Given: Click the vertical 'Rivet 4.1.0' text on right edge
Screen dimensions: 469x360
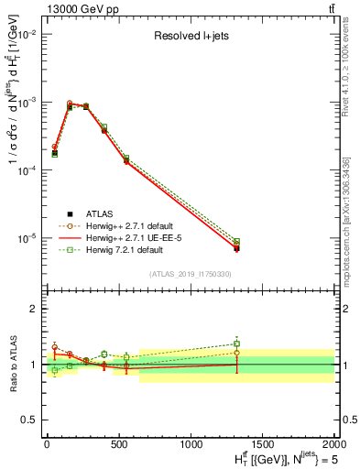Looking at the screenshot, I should tap(345, 55).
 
